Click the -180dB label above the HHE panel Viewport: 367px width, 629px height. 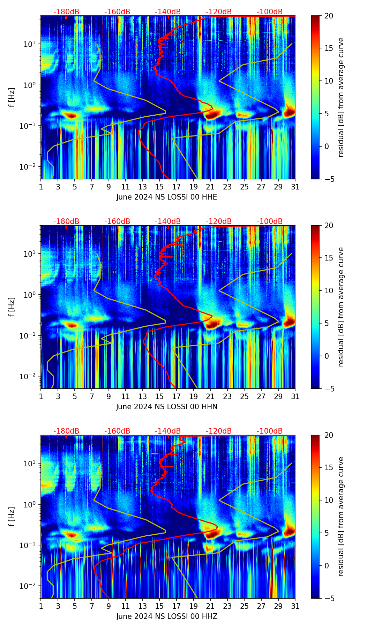[66, 12]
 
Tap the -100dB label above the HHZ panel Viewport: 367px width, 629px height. [270, 431]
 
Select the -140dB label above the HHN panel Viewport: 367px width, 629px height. [168, 222]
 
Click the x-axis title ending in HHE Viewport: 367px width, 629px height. [167, 197]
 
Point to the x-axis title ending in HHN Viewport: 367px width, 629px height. [167, 407]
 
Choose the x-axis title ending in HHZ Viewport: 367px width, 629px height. [167, 616]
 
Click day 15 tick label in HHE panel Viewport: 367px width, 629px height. [159, 187]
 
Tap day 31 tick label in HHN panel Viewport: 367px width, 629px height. [295, 397]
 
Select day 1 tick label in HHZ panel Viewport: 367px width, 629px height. [41, 606]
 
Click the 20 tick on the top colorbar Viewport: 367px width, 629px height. [328, 16]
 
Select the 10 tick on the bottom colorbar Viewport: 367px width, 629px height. [328, 500]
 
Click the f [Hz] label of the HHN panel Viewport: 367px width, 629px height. [12, 307]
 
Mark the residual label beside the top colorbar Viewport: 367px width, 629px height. [341, 97]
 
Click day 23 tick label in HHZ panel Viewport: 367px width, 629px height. [227, 606]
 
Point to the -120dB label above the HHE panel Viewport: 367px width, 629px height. [219, 12]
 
